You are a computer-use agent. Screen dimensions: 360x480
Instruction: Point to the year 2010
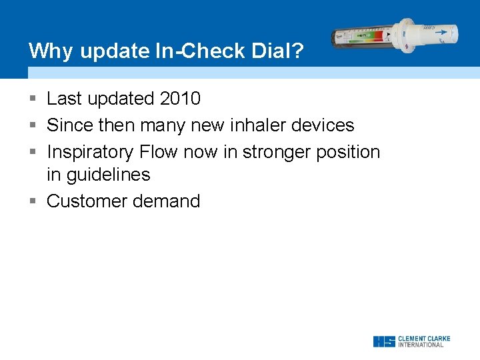pyautogui.click(x=180, y=99)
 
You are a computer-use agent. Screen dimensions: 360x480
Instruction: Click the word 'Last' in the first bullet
pyautogui.click(x=64, y=99)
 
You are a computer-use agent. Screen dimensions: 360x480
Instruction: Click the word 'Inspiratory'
pyautogui.click(x=90, y=152)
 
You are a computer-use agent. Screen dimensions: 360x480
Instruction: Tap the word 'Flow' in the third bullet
pyautogui.click(x=159, y=152)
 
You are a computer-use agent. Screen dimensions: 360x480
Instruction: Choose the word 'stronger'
pyautogui.click(x=277, y=152)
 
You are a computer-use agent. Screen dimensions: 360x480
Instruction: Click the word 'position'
pyautogui.click(x=348, y=152)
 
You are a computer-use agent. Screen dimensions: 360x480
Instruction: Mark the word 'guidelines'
pyautogui.click(x=108, y=175)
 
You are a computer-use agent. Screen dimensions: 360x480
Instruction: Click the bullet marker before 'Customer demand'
pyautogui.click(x=33, y=201)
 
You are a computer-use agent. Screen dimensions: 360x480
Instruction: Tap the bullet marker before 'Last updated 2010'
pyautogui.click(x=33, y=99)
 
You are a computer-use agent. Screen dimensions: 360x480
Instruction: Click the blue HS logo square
pyautogui.click(x=384, y=341)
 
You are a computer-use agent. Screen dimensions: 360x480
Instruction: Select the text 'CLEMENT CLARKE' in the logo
pyautogui.click(x=424, y=339)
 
